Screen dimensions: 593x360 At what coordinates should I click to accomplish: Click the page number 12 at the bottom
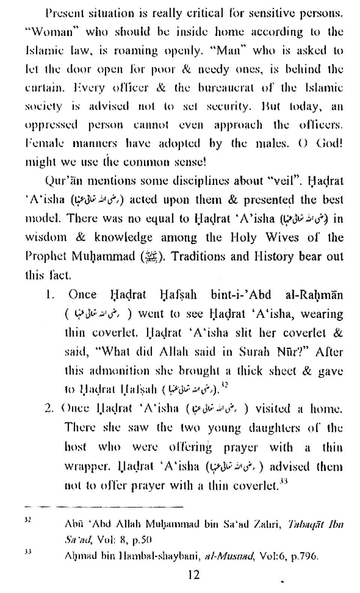pyautogui.click(x=195, y=574)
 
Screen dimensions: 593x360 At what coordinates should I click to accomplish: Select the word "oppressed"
pyautogui.click(x=51, y=126)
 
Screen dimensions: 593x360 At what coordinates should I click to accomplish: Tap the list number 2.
pyautogui.click(x=49, y=408)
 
